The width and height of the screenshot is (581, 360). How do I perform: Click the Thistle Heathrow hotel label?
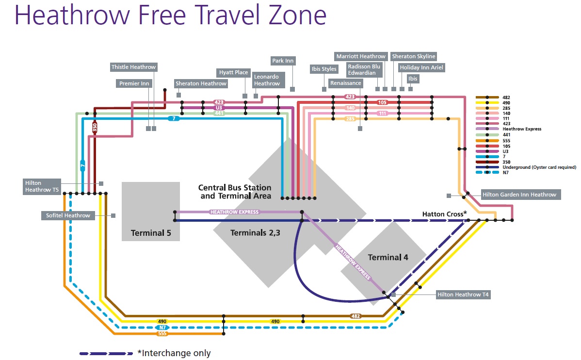[134, 67]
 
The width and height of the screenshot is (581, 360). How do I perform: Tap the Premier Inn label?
[134, 83]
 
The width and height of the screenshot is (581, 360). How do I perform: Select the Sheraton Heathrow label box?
[201, 83]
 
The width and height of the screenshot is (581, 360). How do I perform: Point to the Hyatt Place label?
[233, 72]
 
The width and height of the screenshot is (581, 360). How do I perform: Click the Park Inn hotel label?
[283, 61]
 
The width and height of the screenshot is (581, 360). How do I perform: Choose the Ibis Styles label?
[323, 69]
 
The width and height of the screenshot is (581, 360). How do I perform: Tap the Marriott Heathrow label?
[361, 56]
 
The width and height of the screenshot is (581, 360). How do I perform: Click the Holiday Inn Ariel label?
[421, 67]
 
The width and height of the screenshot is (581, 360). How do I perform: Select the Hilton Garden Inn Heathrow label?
[519, 195]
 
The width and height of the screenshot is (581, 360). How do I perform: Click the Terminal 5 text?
[151, 233]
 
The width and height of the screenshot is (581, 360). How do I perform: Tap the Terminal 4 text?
[388, 257]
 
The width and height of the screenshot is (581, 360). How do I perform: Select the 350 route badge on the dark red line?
[95, 128]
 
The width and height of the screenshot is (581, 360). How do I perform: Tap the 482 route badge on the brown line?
[356, 316]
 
